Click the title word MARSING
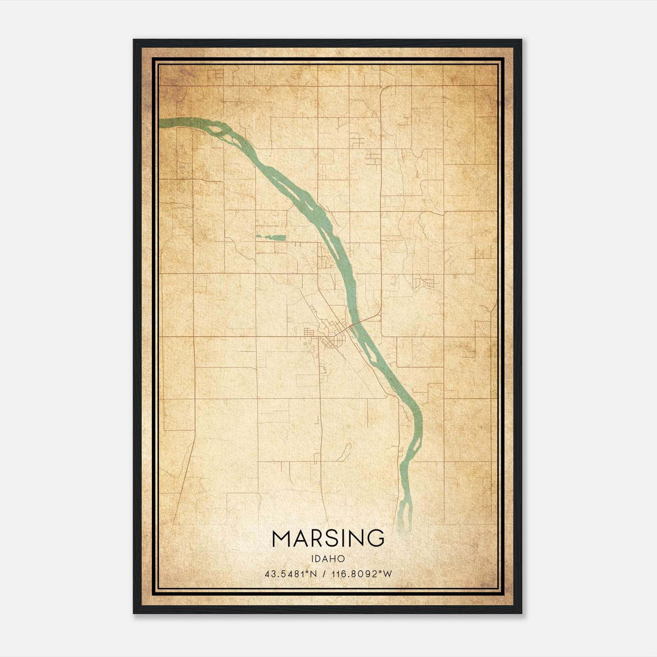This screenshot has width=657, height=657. [328, 538]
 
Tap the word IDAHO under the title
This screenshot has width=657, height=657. [328, 559]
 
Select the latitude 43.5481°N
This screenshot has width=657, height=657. [290, 574]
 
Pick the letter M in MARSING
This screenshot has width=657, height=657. [282, 538]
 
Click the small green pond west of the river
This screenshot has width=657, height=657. [271, 237]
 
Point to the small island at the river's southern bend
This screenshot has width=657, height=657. [416, 444]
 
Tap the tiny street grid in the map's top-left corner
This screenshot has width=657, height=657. [216, 74]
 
